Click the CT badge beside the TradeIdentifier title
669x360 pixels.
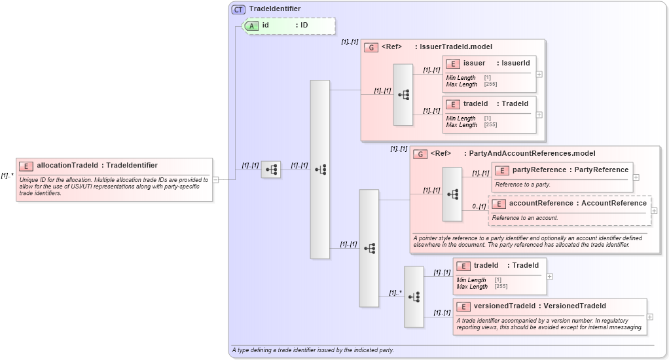[239, 9]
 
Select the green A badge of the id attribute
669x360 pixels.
[251, 26]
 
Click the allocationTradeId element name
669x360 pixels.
[67, 166]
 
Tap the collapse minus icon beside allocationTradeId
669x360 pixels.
[215, 179]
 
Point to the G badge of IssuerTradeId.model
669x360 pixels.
[371, 47]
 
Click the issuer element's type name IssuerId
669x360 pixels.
[515, 63]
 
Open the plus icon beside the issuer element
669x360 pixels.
[539, 74]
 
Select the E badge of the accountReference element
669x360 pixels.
[498, 204]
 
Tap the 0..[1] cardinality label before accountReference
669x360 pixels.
[479, 206]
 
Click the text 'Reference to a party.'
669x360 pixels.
[522, 185]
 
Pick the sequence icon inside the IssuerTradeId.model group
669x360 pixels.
[403, 95]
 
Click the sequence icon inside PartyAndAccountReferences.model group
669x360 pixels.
[452, 194]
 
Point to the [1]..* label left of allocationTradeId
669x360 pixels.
[7, 175]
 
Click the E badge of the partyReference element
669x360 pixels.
[501, 170]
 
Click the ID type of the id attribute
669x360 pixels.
[304, 26]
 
